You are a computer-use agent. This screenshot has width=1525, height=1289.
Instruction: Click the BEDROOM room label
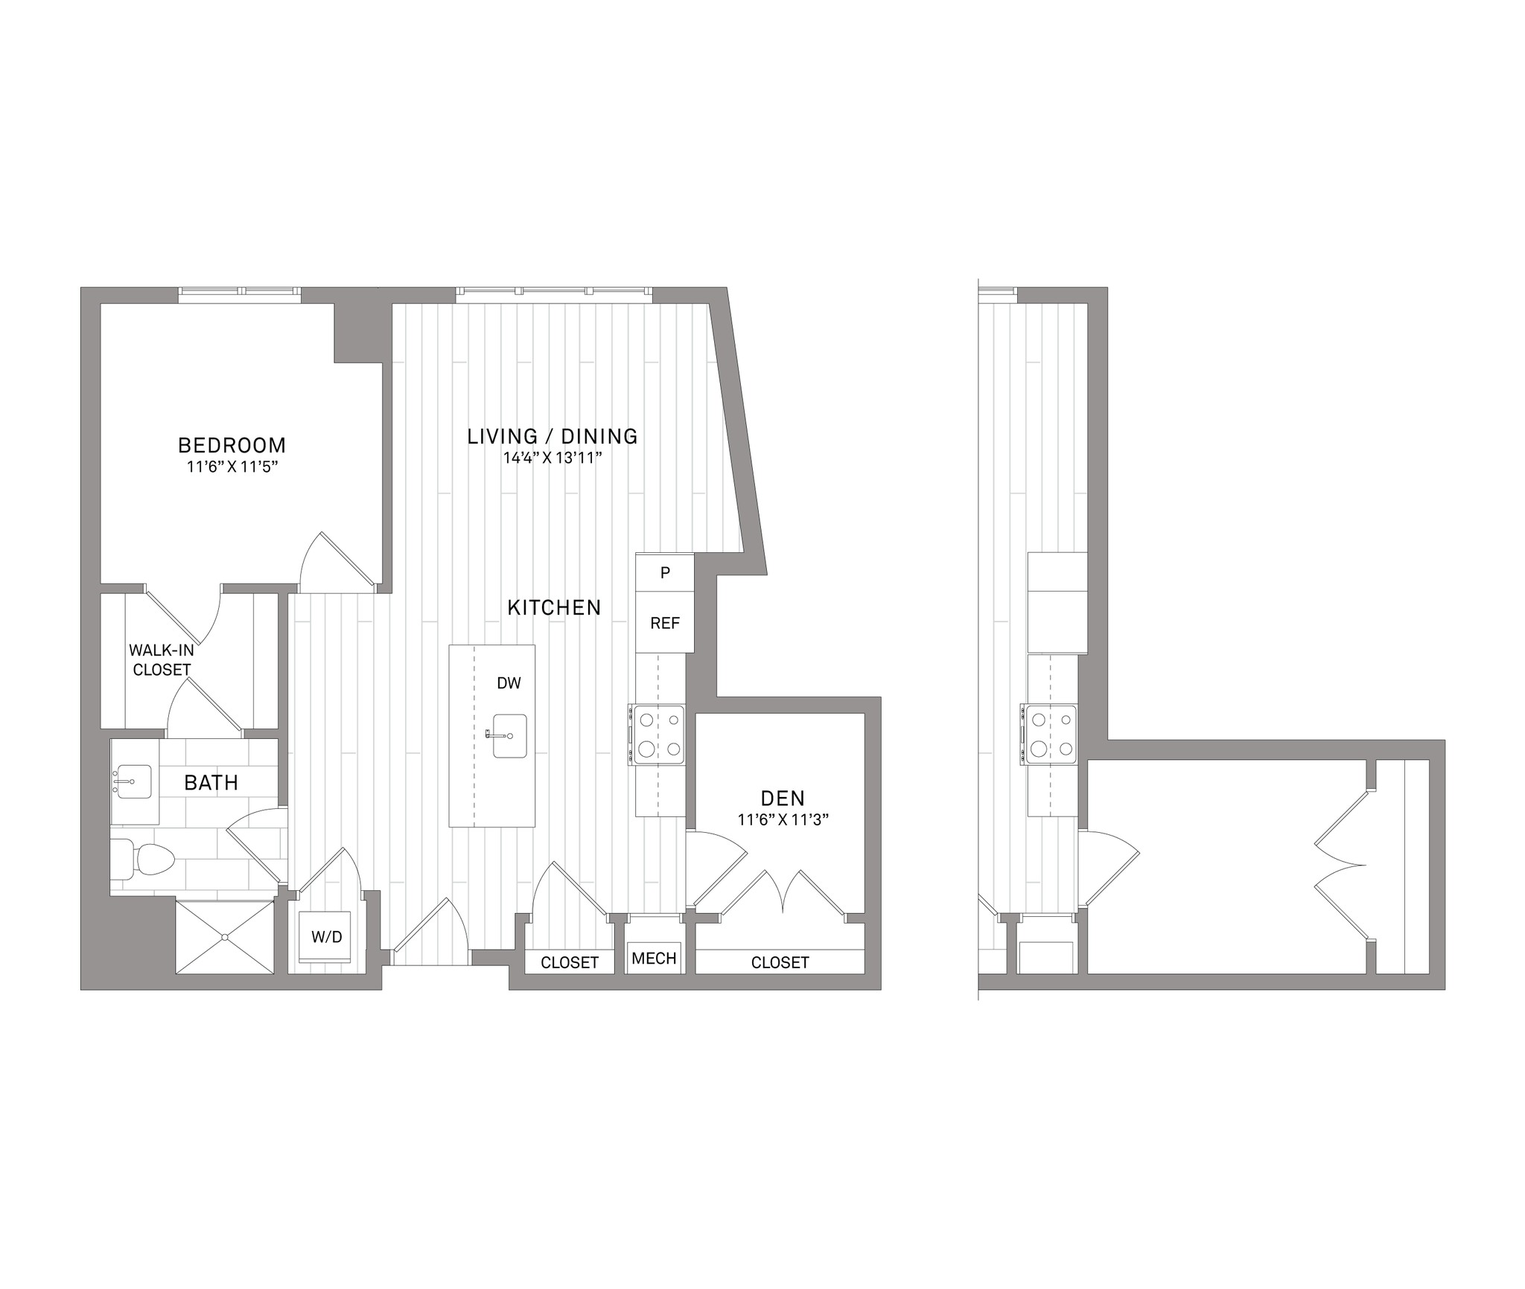point(232,445)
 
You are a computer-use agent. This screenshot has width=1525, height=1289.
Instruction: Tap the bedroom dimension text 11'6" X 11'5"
point(232,467)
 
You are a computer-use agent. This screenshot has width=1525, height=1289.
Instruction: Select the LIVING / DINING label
point(553,436)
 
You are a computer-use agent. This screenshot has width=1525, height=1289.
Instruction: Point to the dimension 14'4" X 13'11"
point(553,458)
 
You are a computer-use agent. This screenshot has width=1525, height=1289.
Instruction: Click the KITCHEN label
point(554,608)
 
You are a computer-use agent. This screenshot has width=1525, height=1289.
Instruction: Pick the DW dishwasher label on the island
point(509,683)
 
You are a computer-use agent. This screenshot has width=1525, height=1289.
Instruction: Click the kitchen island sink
point(509,736)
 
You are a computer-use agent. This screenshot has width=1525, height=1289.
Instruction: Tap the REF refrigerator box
point(665,623)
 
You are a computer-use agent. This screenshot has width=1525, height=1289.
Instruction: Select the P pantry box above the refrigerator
point(665,572)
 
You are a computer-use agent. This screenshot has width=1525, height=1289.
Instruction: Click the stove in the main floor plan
point(657,735)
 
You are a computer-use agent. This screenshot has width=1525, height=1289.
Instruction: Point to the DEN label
point(783,799)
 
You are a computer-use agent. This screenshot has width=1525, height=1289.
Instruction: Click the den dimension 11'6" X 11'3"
point(783,820)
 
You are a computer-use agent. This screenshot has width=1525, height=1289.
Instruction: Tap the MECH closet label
point(654,959)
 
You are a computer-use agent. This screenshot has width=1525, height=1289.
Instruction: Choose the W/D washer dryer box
point(325,937)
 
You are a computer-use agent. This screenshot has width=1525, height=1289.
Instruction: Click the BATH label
point(211,783)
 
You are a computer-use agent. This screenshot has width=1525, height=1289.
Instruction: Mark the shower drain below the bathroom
point(225,938)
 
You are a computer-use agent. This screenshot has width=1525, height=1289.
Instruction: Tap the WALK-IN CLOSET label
point(162,660)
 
